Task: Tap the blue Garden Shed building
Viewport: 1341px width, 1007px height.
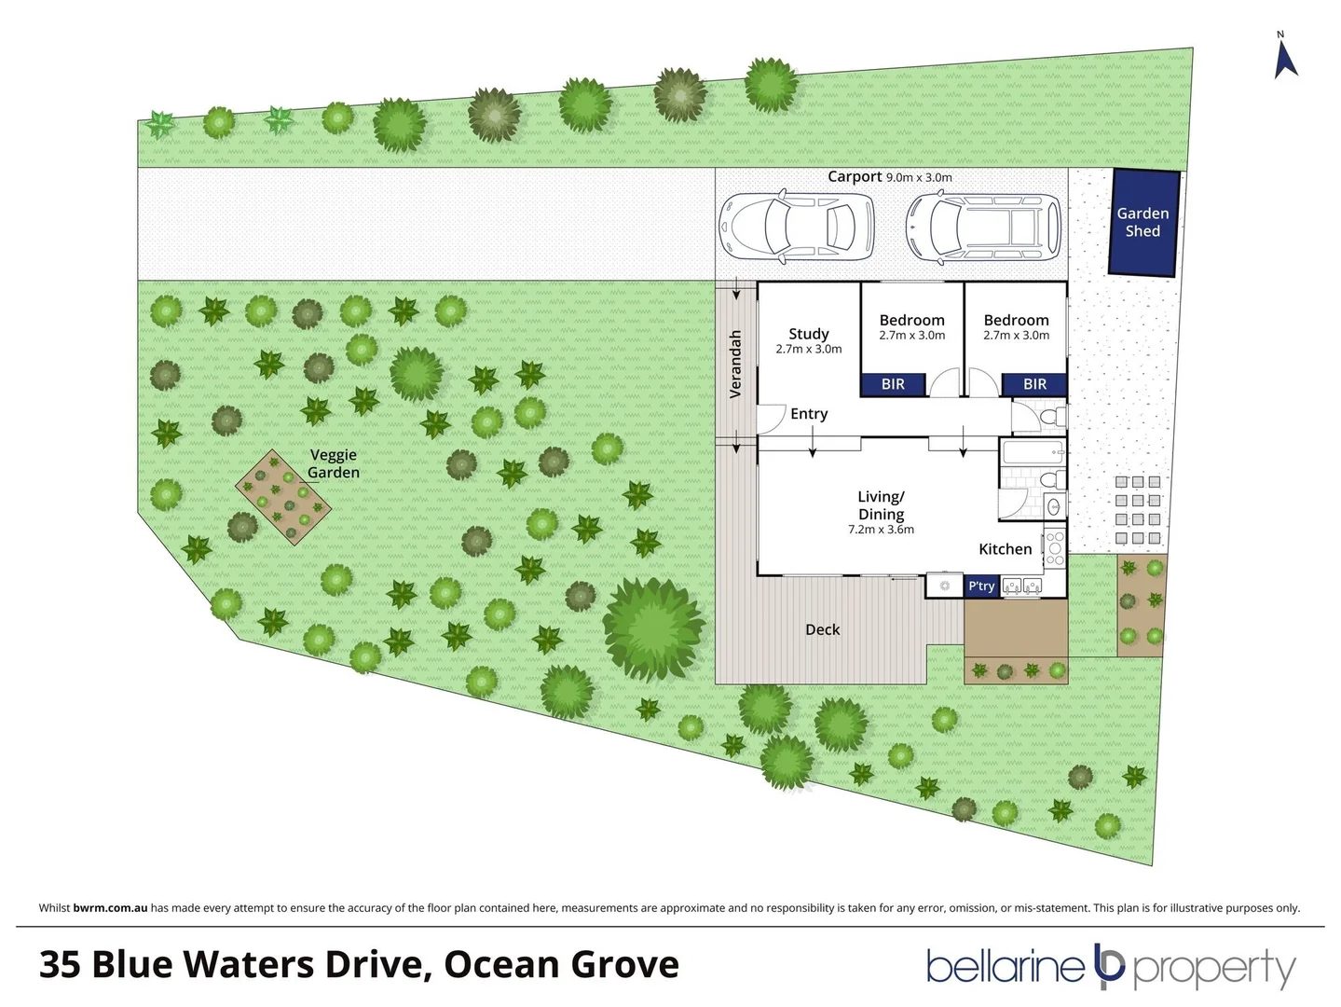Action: point(1143,223)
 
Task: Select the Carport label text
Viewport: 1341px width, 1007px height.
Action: point(854,176)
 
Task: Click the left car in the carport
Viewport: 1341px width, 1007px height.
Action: point(797,227)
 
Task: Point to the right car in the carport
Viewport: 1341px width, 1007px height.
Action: point(983,227)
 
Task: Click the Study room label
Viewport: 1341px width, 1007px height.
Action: point(808,334)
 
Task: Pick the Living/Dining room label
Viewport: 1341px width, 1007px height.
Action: point(881,505)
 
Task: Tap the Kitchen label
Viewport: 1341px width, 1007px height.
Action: point(1005,549)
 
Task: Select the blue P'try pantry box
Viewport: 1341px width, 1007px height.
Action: point(981,586)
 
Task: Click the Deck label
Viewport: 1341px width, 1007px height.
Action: point(822,629)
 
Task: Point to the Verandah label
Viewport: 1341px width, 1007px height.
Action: point(735,364)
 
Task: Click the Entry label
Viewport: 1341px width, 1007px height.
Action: point(809,414)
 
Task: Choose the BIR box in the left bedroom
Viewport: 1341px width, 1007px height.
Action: point(892,384)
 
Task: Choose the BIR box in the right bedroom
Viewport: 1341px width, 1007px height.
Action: point(1034,384)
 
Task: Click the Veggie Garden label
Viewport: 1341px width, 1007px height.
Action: point(334,463)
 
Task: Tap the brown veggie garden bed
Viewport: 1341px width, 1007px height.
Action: point(283,499)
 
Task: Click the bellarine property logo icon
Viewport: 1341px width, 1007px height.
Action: point(1109,966)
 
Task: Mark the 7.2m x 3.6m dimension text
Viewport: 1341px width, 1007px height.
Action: point(881,530)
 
